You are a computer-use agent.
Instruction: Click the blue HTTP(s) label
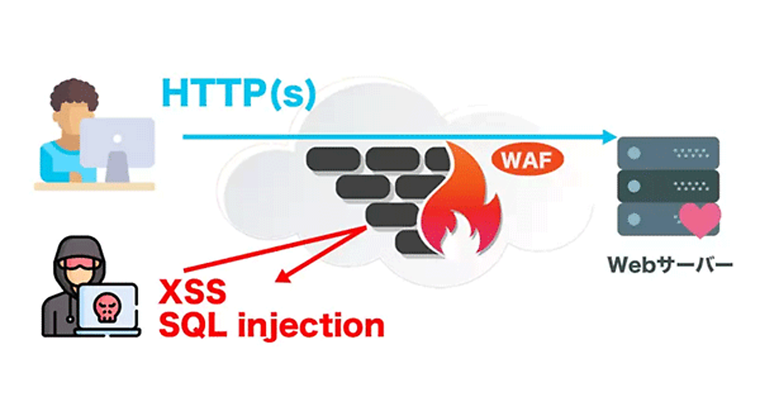[x=238, y=92]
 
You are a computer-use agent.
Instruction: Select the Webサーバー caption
[x=669, y=264]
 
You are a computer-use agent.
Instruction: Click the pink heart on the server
[x=700, y=218]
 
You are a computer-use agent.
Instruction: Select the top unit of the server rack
[x=669, y=152]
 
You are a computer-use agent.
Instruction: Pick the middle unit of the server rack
[x=669, y=186]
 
